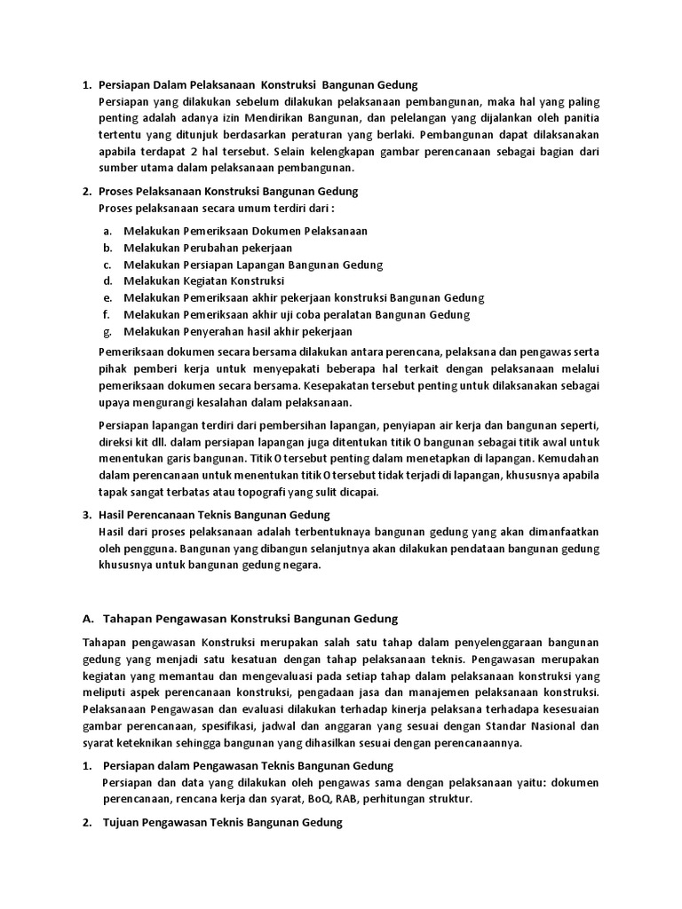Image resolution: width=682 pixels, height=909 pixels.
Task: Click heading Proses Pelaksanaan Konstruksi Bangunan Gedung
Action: point(228,191)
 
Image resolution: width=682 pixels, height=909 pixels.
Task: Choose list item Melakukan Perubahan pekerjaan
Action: point(208,248)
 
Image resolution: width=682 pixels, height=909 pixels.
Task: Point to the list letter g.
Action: point(107,331)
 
